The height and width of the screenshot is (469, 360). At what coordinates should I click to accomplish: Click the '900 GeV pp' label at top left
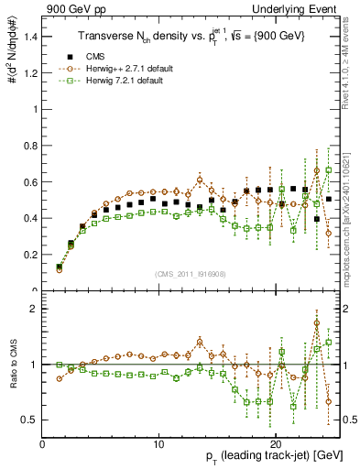[x=72, y=8]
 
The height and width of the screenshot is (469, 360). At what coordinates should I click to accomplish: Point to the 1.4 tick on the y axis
[x=30, y=38]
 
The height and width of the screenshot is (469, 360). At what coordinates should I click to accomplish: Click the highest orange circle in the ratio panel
[x=317, y=322]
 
